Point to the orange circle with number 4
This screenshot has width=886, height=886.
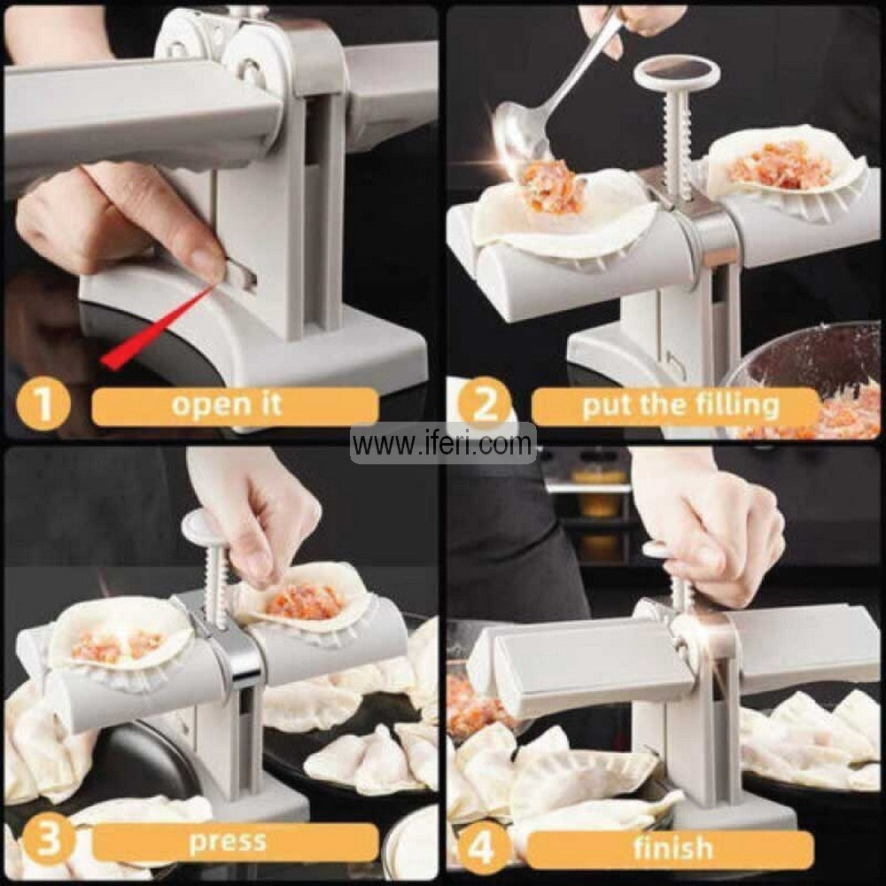(478, 848)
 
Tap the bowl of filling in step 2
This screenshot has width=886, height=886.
(820, 390)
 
